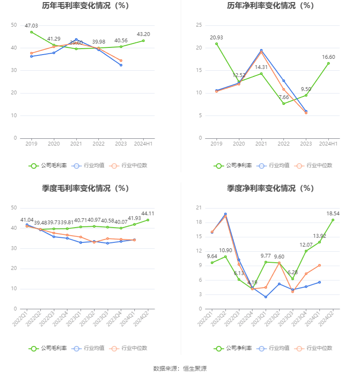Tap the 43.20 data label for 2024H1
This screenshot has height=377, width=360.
pos(143,34)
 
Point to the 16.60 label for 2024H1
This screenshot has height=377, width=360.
pos(328,57)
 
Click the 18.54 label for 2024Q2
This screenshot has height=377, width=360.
pos(333,213)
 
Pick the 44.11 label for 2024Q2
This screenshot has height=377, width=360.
pos(148,213)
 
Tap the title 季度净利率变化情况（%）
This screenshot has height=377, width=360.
pos(270,188)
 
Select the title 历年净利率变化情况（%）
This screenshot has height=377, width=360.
pos(270,6)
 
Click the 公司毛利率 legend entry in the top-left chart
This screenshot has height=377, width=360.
pos(48,165)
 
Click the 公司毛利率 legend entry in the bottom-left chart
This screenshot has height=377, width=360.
pos(48,348)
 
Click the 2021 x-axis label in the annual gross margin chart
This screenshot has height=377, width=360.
pos(76,144)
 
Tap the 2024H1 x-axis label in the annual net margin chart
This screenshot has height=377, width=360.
pos(328,144)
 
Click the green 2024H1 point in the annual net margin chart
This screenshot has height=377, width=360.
pos(328,63)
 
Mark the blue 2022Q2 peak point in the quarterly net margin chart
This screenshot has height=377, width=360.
pos(225,214)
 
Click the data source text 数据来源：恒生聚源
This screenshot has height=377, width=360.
pos(180,369)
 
